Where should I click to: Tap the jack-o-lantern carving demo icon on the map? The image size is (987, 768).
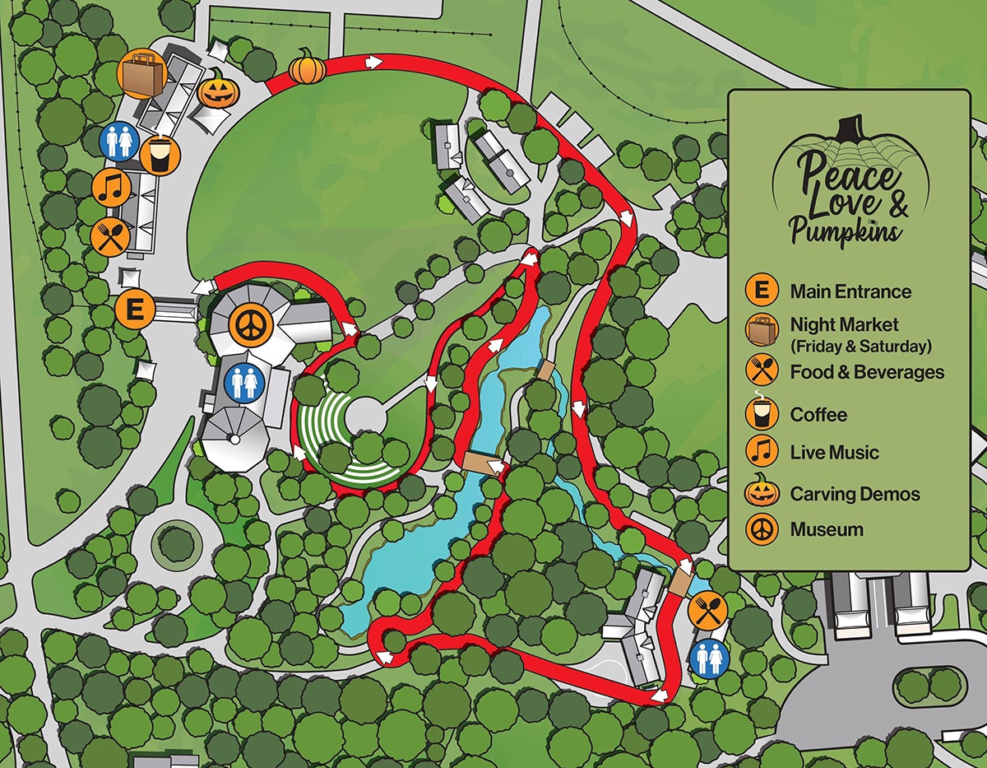point(217,88)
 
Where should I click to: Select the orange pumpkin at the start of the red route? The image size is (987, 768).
point(307,67)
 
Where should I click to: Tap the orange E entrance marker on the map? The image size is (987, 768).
point(135,310)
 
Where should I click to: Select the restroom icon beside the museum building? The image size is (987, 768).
point(244,383)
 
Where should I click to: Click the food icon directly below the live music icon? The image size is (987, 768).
point(109,237)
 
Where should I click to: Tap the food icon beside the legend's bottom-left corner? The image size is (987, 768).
point(708,610)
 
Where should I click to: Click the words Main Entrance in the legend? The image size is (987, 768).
point(850,291)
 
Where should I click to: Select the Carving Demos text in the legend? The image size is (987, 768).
point(855,494)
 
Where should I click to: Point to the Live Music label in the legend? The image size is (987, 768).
point(834,452)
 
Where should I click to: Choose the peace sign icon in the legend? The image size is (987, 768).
point(762,528)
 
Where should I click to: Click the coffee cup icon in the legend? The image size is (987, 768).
point(762,412)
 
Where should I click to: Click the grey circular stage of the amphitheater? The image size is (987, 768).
point(366,416)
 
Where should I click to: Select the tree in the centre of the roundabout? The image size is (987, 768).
point(177,542)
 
